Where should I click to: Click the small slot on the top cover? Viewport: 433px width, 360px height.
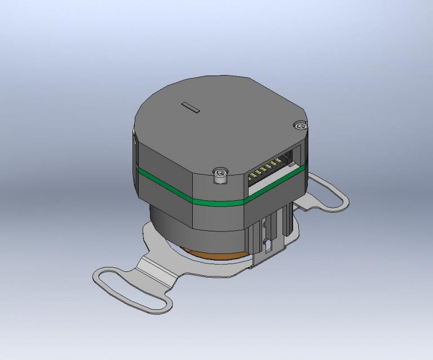[192, 107]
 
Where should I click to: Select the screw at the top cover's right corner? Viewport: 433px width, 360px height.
[298, 126]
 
